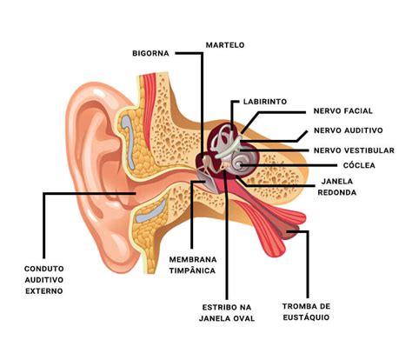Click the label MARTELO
(x=225, y=45)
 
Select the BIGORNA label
(x=150, y=53)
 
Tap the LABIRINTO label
(x=265, y=102)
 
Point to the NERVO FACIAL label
(x=343, y=111)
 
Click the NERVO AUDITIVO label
(x=349, y=130)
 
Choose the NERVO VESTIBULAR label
(x=354, y=150)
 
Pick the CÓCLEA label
(x=359, y=165)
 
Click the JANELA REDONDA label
(x=337, y=187)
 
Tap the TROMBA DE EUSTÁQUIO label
(x=306, y=312)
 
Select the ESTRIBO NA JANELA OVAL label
(x=227, y=313)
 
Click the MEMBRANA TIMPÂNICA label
(x=193, y=265)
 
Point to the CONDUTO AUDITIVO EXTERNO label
(x=44, y=280)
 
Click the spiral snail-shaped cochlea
(x=243, y=163)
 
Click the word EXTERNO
(x=44, y=291)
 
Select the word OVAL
(x=243, y=318)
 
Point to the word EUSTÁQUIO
(x=306, y=317)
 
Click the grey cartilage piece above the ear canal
(x=129, y=141)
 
